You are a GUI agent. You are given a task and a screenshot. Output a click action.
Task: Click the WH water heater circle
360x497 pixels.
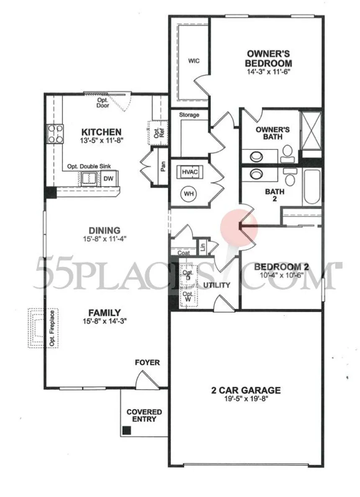coord(189,193)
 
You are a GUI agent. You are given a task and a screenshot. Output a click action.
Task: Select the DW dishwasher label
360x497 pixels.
coord(108,178)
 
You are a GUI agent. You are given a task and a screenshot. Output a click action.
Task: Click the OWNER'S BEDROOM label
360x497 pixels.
coord(268,58)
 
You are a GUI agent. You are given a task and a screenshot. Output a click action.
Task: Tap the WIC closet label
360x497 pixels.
coord(194,61)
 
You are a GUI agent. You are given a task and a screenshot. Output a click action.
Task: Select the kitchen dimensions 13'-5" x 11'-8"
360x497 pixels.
coord(102,141)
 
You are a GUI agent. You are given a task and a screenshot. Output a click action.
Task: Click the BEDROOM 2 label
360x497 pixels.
coord(283,267)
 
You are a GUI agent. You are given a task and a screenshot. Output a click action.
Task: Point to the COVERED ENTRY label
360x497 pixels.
coord(144,415)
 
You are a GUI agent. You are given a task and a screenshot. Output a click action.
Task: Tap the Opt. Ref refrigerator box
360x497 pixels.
coord(157,133)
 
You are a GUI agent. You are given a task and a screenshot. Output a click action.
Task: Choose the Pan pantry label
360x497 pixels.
coord(163,167)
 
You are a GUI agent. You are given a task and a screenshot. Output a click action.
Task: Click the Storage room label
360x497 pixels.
coord(189,115)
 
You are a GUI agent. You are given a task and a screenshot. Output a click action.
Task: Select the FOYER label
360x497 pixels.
coord(147,362)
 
